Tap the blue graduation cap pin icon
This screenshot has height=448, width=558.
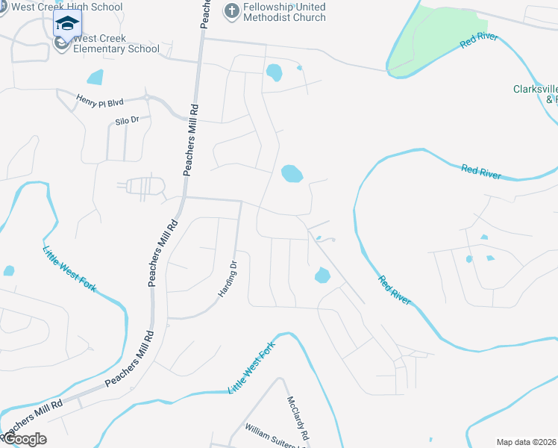[x=67, y=25]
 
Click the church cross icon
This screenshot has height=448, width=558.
[x=231, y=11]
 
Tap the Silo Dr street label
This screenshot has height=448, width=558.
[x=128, y=119]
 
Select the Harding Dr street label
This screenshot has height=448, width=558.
[x=228, y=279]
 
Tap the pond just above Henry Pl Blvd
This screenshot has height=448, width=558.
[x=95, y=77]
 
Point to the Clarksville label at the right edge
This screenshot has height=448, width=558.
[x=535, y=90]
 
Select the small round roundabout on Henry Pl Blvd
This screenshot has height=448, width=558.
[x=148, y=97]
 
